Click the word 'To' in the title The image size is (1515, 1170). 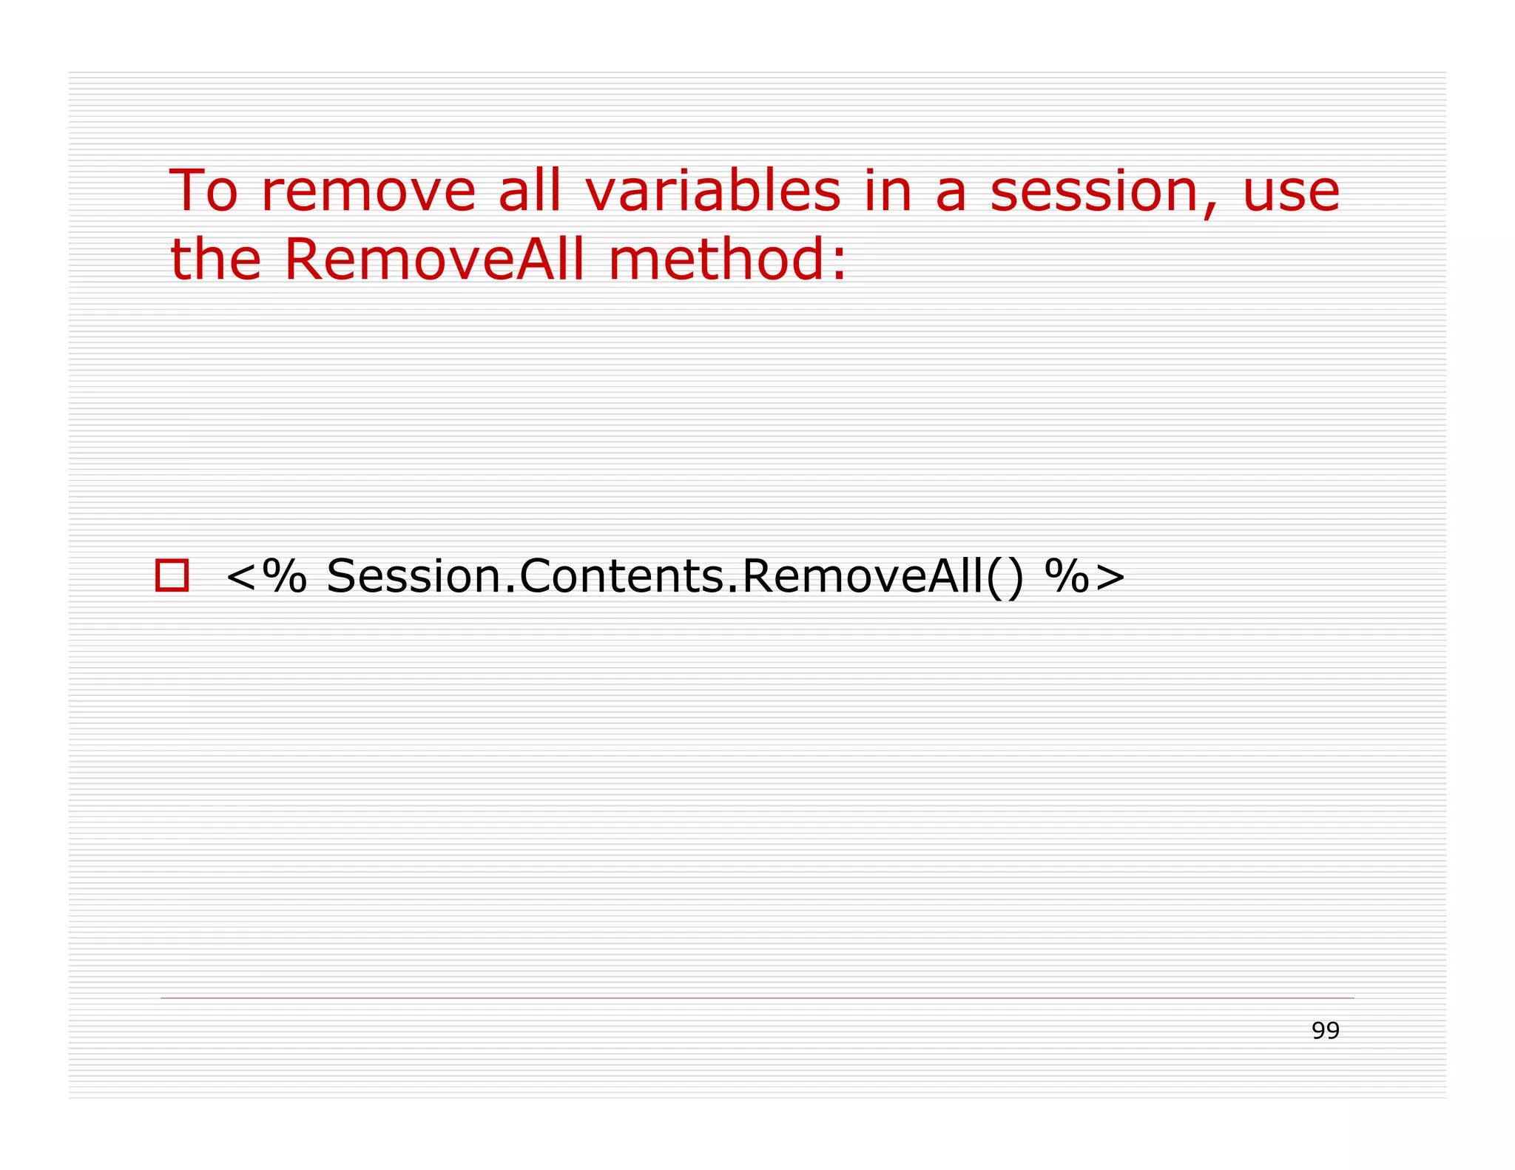click(203, 191)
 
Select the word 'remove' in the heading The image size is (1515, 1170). click(368, 192)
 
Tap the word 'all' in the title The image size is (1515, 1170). click(530, 191)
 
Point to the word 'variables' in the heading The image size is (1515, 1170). click(713, 191)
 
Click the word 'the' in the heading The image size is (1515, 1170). click(216, 260)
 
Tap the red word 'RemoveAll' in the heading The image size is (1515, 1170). click(434, 260)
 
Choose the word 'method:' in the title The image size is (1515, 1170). click(728, 260)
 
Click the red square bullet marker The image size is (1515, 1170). click(172, 575)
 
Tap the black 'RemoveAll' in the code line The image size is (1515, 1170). click(863, 576)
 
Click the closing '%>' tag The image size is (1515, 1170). click(1085, 576)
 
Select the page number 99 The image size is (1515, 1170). click(1326, 1030)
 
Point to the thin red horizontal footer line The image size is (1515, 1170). click(757, 998)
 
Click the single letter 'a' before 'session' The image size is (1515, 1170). click(951, 194)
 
